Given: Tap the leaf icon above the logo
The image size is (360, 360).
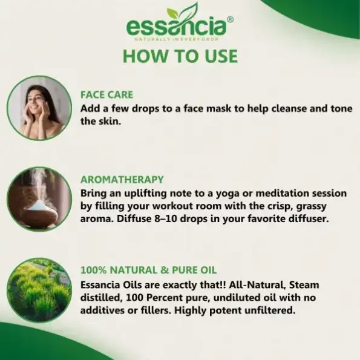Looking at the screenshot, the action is click(x=183, y=12).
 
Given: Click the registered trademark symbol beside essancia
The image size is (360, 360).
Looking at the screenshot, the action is click(x=230, y=20).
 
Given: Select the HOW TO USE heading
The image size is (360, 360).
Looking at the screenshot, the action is click(x=180, y=56).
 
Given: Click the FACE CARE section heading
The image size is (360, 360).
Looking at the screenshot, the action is click(x=106, y=95).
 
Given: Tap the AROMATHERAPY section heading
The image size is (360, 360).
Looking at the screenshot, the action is click(x=122, y=180).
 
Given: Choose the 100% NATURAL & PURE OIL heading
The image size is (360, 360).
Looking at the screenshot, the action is click(x=149, y=270).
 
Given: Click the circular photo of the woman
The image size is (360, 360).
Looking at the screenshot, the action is click(x=39, y=108).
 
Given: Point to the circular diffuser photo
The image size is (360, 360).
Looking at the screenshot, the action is click(x=39, y=199).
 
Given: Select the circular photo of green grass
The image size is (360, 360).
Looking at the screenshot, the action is click(x=39, y=290).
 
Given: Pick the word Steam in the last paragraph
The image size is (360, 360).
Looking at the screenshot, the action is click(x=304, y=285).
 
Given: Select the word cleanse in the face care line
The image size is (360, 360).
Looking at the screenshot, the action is click(x=289, y=108).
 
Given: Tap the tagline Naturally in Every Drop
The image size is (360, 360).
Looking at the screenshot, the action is click(x=176, y=39).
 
